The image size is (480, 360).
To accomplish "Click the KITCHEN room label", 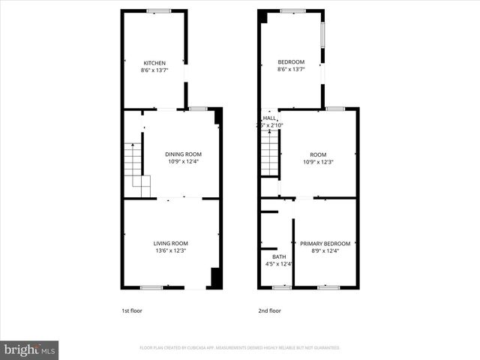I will [154, 63].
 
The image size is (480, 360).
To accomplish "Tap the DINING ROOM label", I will [183, 154].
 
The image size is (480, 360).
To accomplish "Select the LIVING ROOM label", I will [171, 243].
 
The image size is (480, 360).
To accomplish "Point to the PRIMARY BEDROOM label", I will [325, 244].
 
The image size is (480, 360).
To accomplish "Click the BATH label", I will [268, 256].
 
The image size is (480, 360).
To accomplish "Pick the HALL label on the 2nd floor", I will [268, 118].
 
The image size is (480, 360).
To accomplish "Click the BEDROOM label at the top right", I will [291, 61].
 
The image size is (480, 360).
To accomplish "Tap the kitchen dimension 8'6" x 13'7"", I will [154, 70].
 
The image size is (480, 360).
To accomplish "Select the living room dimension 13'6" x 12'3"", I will [171, 250].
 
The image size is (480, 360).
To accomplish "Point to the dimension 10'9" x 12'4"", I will [183, 161].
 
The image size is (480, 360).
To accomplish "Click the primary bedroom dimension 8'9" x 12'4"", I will [325, 250].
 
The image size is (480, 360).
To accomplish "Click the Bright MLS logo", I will [30, 349].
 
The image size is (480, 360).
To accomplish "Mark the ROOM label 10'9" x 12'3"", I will [319, 158].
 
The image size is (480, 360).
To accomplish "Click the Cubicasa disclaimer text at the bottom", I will [240, 348].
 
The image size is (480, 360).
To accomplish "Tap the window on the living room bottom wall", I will [151, 287].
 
